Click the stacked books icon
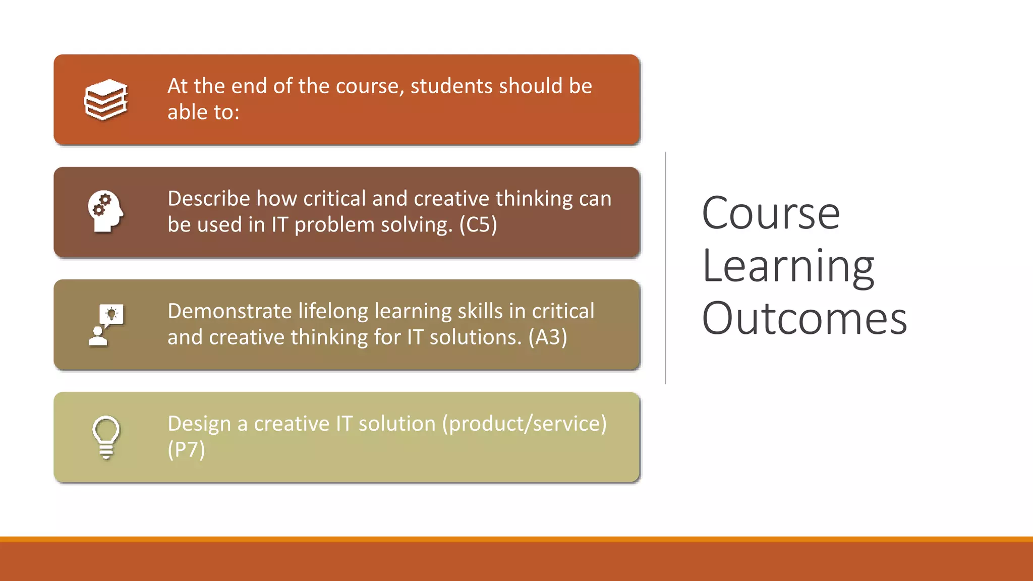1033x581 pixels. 106,100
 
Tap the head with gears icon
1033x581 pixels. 105,212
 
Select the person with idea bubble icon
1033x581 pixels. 106,325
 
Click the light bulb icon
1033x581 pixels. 106,437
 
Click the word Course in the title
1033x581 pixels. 770,213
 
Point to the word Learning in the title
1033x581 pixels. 787,266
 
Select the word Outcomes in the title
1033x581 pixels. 804,318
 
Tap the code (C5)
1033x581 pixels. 478,225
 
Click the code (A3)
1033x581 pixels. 547,337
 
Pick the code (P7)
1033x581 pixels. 186,450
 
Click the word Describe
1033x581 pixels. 209,199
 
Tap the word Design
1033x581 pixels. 199,424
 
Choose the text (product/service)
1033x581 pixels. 524,424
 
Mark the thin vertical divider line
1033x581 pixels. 666,267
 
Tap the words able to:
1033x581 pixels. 203,112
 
